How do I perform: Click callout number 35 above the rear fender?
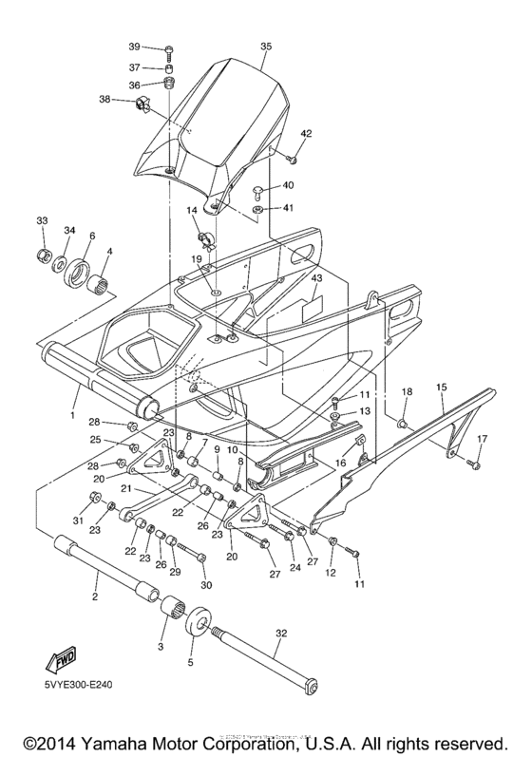(x=265, y=46)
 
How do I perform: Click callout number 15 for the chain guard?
(x=441, y=388)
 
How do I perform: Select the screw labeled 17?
(x=472, y=464)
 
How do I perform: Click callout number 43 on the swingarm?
(x=316, y=278)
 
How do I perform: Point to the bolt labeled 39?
(x=167, y=48)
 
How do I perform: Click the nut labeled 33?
(x=43, y=255)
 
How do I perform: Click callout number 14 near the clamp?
(x=191, y=211)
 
